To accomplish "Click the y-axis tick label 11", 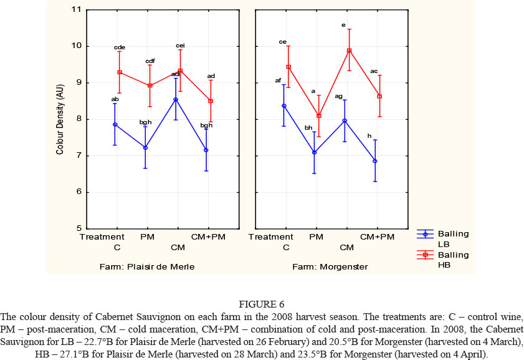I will click(77, 10).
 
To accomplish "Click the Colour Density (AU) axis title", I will click(60, 120).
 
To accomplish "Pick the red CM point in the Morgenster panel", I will click(349, 51).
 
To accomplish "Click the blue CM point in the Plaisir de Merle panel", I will click(176, 100).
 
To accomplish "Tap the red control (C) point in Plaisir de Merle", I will click(119, 72).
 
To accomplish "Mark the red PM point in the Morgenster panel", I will click(318, 115).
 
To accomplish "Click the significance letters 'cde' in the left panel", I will click(120, 47).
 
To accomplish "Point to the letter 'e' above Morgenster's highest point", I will click(343, 25).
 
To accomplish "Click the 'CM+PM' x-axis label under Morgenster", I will click(378, 238).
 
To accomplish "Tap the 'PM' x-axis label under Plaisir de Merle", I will click(148, 238).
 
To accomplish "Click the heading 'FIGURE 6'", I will click(262, 304).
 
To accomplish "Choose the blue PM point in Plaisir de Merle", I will click(146, 148).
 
